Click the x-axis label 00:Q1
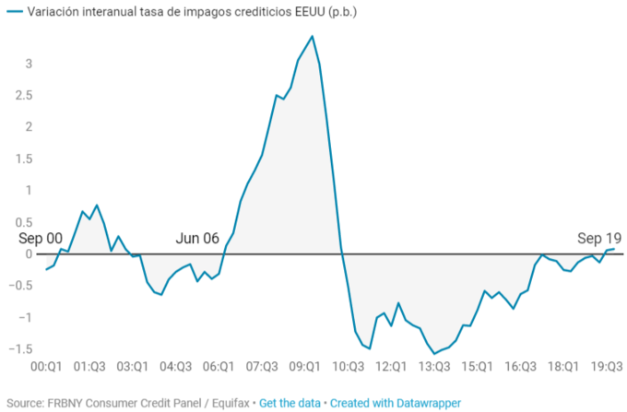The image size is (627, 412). coord(46,366)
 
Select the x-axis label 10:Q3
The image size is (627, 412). coord(348,366)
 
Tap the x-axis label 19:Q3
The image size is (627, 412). coord(605,366)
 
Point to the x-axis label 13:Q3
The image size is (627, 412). coord(433,366)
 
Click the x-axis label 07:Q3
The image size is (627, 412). coord(261,366)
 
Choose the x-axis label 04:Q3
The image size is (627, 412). coord(175,366)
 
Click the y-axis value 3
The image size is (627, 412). coord(30,64)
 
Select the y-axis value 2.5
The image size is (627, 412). coord(24,95)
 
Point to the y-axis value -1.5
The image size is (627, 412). coord(22,349)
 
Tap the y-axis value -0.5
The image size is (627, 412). coord(22,286)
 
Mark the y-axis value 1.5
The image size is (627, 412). coord(24,159)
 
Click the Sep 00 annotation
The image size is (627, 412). coord(41,238)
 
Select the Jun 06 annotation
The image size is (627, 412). coord(197,238)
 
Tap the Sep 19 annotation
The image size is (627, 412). coord(599,238)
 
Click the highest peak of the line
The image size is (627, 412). coord(313,36)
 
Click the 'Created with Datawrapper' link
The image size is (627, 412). coord(396,403)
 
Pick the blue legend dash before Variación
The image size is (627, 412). coord(12,12)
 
